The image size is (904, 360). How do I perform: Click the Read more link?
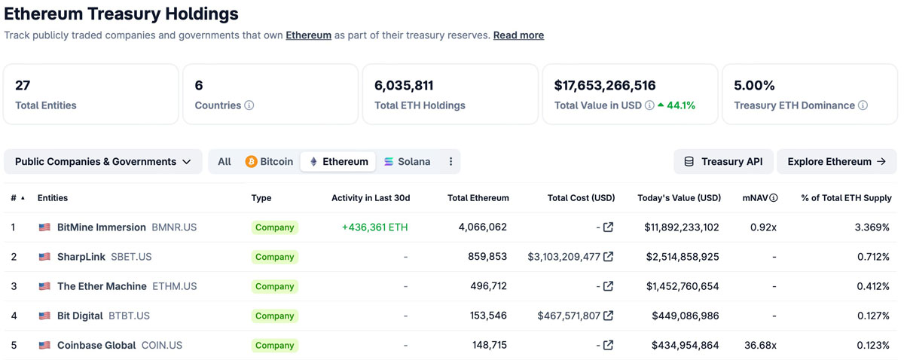[x=518, y=35]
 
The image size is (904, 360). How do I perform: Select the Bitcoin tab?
[x=269, y=161]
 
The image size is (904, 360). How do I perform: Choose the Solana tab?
[x=407, y=161]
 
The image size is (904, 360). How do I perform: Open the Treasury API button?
[x=723, y=161]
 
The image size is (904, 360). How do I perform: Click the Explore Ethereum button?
[x=836, y=161]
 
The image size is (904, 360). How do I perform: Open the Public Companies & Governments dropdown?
[x=103, y=161]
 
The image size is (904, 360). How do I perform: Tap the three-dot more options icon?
[x=450, y=161]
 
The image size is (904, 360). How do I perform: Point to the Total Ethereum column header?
[x=478, y=198]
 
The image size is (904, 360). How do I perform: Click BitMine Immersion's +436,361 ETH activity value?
[x=374, y=227]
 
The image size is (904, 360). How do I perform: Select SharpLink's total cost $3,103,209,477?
[x=564, y=257]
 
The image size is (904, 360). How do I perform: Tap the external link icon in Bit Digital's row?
[x=608, y=316]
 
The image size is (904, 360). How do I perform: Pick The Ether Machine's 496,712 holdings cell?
[x=487, y=286]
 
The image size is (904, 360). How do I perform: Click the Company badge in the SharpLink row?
[x=274, y=257]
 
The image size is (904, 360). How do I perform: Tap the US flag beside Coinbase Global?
[x=44, y=345]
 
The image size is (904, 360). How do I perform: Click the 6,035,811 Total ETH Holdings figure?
[x=404, y=85]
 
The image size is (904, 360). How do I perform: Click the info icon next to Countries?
[x=249, y=105]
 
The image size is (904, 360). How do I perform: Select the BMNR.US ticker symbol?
[x=174, y=227]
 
